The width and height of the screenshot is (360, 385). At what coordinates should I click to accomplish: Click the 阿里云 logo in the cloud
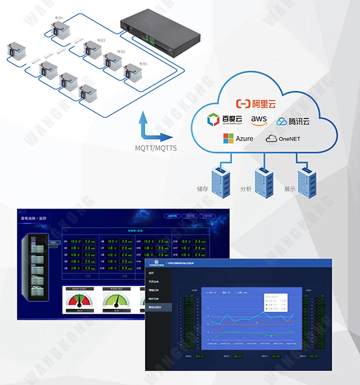[256, 103]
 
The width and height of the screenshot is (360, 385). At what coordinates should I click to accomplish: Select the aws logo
[259, 120]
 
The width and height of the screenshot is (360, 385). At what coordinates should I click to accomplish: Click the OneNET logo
[283, 138]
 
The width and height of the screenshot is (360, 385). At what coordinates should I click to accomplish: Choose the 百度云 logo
[222, 120]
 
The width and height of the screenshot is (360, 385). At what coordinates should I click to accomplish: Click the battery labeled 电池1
[132, 71]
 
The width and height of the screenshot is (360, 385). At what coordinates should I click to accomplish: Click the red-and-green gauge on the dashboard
[79, 301]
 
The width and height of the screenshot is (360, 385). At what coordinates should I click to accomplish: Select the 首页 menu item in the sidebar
[151, 273]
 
